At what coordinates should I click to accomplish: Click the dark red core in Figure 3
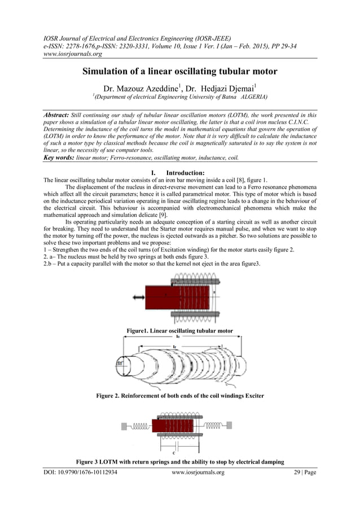(172, 425)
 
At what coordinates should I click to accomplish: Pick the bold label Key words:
(59, 158)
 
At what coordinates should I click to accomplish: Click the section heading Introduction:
(181, 172)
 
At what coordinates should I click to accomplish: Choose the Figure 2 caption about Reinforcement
(180, 395)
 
